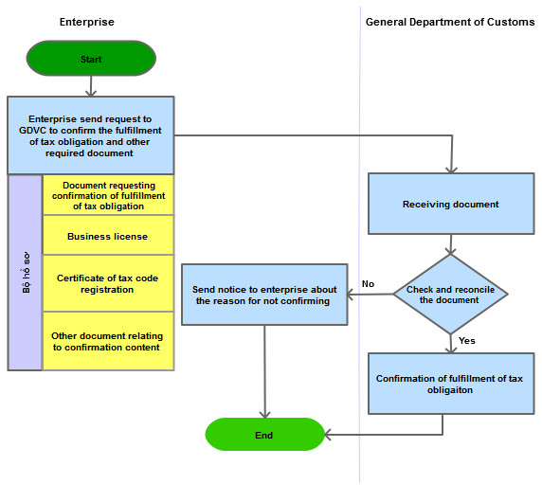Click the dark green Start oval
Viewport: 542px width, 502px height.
pyautogui.click(x=91, y=59)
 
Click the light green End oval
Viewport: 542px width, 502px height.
pyautogui.click(x=264, y=435)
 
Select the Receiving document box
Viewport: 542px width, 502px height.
pyautogui.click(x=451, y=204)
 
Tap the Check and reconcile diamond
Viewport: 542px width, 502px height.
pyautogui.click(x=450, y=295)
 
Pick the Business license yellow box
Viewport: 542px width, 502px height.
pyautogui.click(x=108, y=235)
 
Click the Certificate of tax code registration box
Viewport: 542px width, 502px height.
pyautogui.click(x=108, y=283)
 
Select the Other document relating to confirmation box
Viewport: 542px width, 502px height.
pyautogui.click(x=108, y=341)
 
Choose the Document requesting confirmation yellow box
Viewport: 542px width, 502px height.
pyautogui.click(x=108, y=195)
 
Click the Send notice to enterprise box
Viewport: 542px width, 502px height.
pyautogui.click(x=264, y=295)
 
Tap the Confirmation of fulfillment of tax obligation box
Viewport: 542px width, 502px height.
pyautogui.click(x=451, y=384)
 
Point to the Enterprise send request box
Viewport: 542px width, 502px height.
pyautogui.click(x=91, y=135)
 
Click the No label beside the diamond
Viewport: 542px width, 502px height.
pyautogui.click(x=368, y=284)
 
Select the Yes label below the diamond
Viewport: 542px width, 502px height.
pyautogui.click(x=467, y=341)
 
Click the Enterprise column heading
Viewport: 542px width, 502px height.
pyautogui.click(x=87, y=22)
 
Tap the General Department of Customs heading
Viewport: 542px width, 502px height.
pyautogui.click(x=450, y=22)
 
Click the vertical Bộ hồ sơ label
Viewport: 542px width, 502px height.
pyautogui.click(x=27, y=273)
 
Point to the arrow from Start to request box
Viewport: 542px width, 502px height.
pyautogui.click(x=91, y=86)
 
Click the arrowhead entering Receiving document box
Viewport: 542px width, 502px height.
pyautogui.click(x=451, y=170)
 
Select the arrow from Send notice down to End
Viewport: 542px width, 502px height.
pyautogui.click(x=264, y=371)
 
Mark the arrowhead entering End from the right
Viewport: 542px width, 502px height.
pyautogui.click(x=328, y=435)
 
